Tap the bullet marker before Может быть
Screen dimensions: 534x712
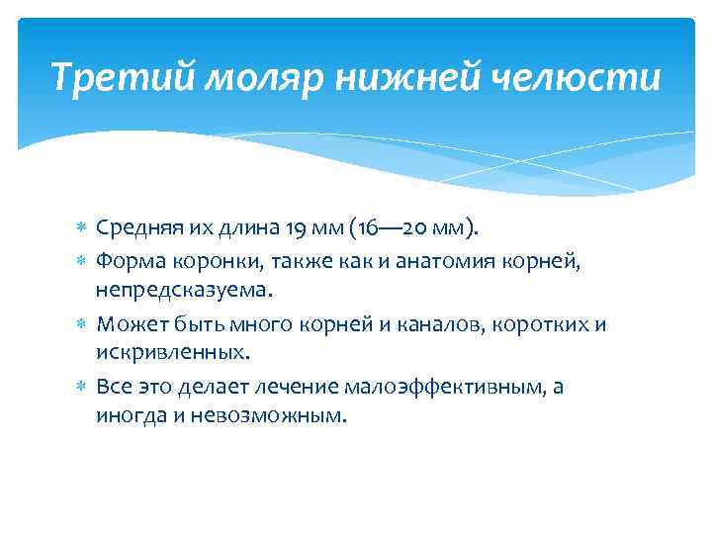(83, 323)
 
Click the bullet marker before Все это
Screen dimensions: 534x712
(83, 387)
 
